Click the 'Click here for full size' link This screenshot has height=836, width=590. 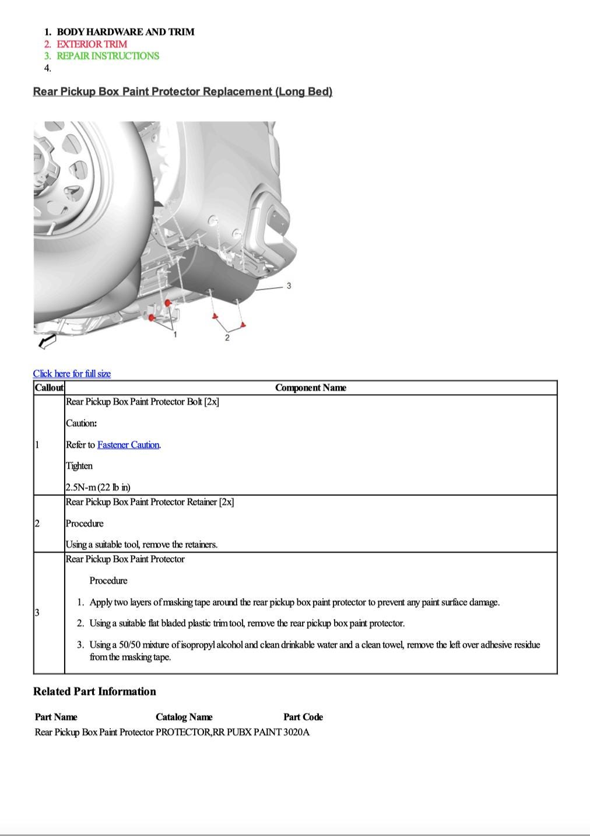72,374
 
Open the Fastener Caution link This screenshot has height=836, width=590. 128,445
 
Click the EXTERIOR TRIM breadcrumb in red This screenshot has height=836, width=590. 92,44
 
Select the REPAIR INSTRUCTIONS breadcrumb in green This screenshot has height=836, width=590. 107,56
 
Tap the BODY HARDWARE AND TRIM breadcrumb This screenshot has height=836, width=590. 125,31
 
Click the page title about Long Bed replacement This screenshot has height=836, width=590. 182,92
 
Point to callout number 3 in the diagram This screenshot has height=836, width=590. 289,286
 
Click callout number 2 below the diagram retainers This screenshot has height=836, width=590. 227,338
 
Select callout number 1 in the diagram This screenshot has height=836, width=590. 175,334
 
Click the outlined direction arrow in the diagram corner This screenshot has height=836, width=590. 47,341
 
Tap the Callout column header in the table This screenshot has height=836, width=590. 49,388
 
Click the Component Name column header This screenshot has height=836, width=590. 310,388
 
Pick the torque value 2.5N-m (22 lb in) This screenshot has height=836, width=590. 98,487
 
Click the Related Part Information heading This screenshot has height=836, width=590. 94,691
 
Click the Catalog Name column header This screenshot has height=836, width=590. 184,717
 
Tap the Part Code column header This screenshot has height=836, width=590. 303,717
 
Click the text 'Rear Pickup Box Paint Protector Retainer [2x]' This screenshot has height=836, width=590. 150,502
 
